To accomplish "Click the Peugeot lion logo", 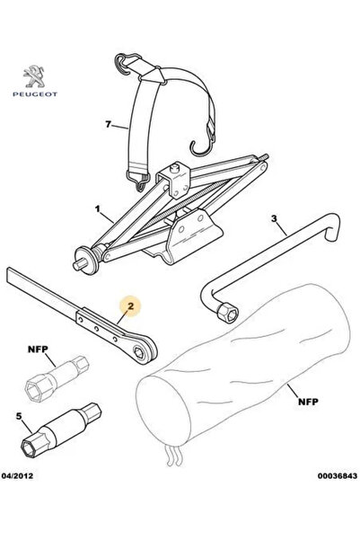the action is (x=34, y=76).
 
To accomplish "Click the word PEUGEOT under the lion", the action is (x=35, y=94).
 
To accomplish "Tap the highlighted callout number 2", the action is (x=130, y=305).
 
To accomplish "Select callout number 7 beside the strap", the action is (x=109, y=124).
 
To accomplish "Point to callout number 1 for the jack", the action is (x=98, y=208).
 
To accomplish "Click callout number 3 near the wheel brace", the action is (x=274, y=218).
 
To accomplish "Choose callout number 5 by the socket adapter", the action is (x=19, y=416).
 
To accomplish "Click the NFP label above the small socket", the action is (x=38, y=350).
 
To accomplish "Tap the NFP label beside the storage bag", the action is (x=308, y=402).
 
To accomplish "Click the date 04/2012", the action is (x=18, y=475).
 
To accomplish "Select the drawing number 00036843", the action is (x=338, y=475).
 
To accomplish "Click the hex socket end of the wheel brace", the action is (x=228, y=313).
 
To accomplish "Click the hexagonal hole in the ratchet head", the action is (x=140, y=352).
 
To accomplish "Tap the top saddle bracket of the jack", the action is (x=173, y=180).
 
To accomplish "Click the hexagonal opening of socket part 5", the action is (x=28, y=448).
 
